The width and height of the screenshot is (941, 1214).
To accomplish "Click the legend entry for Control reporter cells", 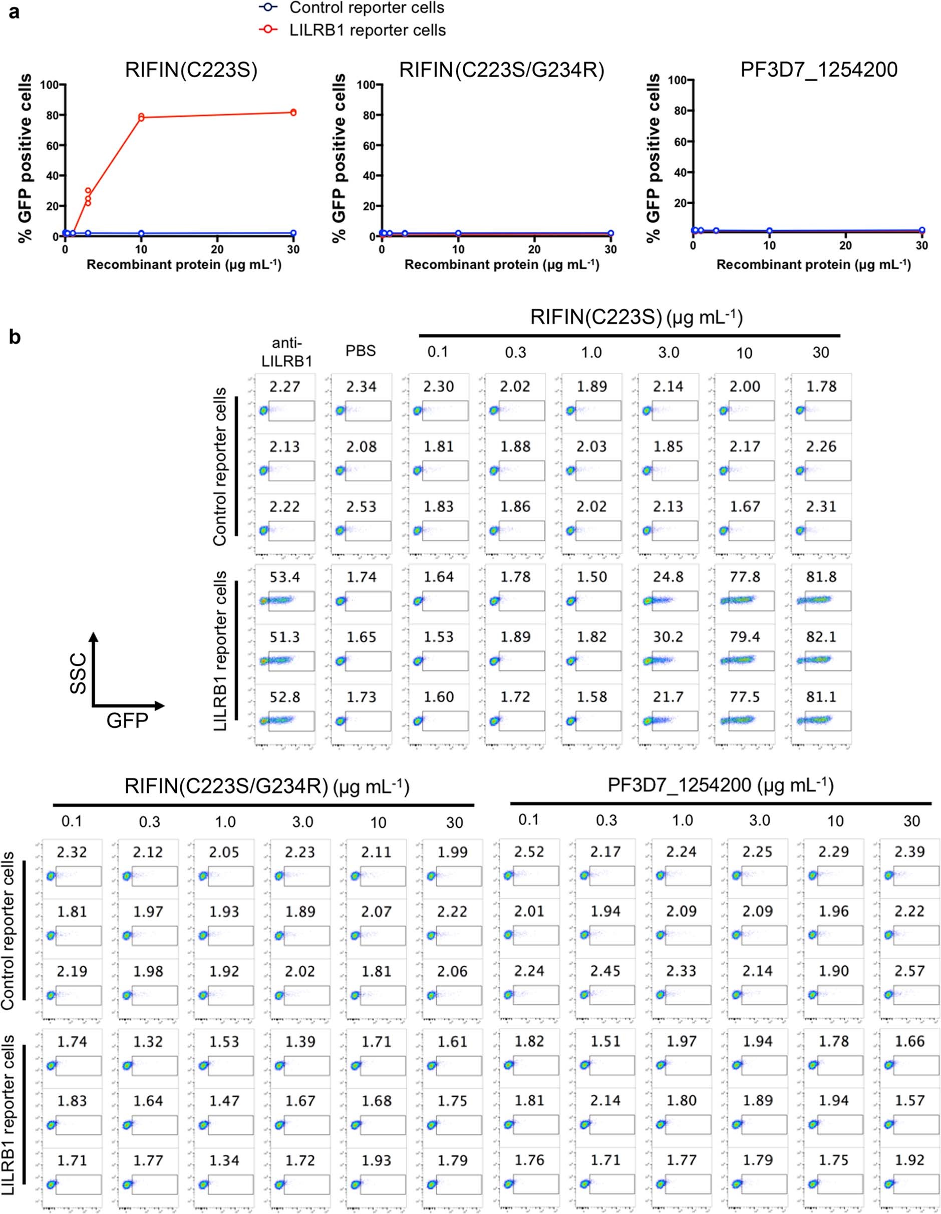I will click(367, 8).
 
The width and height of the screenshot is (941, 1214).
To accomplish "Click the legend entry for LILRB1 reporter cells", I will click(367, 30).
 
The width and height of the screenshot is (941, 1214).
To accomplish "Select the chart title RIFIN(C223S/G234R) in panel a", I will click(501, 71).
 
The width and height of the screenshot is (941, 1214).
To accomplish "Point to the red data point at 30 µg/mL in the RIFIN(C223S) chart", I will click(293, 112).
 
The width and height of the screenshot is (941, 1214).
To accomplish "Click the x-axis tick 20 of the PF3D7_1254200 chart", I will click(845, 245).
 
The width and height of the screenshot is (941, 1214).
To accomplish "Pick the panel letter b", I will click(15, 337).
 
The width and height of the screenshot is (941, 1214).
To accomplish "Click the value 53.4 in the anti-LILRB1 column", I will click(285, 577).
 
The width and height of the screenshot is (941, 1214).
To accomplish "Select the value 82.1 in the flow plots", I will click(821, 637).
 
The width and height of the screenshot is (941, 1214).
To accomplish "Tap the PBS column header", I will click(362, 351).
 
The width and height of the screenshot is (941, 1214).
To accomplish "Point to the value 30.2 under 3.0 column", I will click(668, 637).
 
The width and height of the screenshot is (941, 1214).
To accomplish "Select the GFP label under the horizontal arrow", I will click(127, 721).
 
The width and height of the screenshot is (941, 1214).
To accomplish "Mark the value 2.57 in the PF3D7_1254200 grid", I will click(910, 971).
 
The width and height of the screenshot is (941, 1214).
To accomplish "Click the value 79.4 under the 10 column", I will click(744, 637).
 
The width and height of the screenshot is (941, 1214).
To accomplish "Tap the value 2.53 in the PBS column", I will click(362, 507).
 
